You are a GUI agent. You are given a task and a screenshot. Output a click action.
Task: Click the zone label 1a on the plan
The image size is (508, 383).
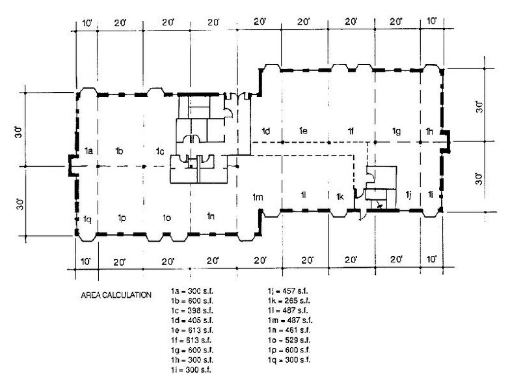pos(89,151)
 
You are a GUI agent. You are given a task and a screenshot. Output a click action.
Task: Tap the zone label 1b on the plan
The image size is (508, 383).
pos(119,151)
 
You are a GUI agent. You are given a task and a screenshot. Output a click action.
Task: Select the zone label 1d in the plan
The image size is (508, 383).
pos(265,132)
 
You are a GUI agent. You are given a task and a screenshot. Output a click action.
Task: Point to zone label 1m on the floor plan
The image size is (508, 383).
pos(258,197)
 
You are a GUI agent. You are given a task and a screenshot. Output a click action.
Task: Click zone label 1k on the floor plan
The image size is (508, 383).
pos(340,196)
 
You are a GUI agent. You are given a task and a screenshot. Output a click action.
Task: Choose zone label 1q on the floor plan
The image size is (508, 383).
pos(87,219)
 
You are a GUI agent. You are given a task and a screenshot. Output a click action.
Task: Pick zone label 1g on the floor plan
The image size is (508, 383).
pos(395,132)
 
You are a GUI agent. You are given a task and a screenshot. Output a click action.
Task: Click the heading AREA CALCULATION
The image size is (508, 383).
pos(116,295)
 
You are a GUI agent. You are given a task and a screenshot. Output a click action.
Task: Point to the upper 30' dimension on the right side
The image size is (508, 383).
pos(480,106)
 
